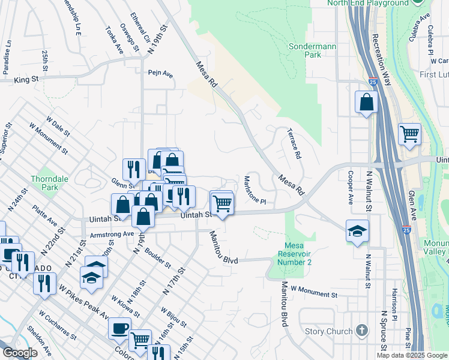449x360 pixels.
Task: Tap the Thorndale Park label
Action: point(45,182)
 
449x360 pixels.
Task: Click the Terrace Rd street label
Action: point(294,143)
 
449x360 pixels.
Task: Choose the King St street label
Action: point(26,79)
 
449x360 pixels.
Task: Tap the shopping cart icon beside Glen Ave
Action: point(409,134)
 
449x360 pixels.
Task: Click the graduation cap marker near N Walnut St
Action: point(357,231)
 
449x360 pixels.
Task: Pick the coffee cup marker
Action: point(119,328)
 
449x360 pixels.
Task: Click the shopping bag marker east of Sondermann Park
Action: point(366,103)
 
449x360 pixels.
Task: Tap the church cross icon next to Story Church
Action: point(361,330)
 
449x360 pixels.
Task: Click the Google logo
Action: point(20,353)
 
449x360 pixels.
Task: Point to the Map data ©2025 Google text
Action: point(412,355)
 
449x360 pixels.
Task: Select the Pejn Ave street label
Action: point(160,74)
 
